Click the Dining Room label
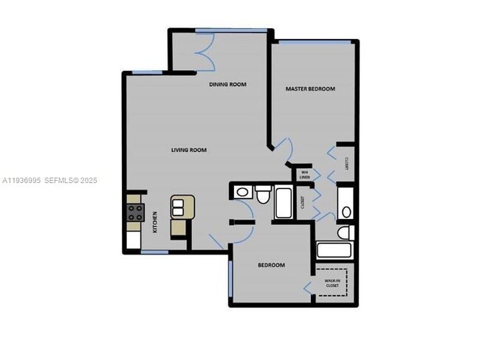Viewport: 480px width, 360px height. click(x=227, y=85)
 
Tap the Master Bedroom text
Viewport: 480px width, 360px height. click(x=310, y=89)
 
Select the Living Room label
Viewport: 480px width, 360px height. click(x=189, y=150)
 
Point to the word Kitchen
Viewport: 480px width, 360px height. click(x=155, y=222)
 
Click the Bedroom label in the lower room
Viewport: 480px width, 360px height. click(x=271, y=265)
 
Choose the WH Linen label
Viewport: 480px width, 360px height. click(x=304, y=174)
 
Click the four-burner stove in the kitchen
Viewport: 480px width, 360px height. click(x=136, y=214)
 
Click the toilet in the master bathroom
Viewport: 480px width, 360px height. click(x=342, y=233)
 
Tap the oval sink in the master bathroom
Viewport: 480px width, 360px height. click(x=346, y=212)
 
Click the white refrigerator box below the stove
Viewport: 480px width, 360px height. click(x=134, y=239)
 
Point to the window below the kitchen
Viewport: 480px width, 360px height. click(x=154, y=252)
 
